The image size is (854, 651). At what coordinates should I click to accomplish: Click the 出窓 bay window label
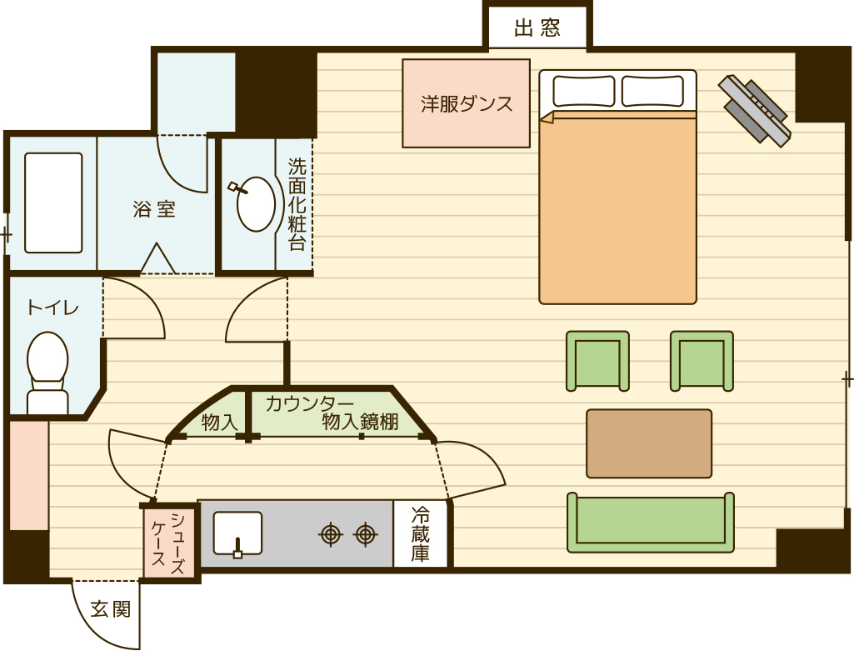click(x=537, y=28)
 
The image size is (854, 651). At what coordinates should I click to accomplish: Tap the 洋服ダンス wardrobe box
click(x=467, y=103)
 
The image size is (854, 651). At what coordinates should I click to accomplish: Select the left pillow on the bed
click(x=584, y=91)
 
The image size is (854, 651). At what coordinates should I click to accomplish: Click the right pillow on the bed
click(x=652, y=91)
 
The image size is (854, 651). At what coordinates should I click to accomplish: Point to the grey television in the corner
click(x=754, y=109)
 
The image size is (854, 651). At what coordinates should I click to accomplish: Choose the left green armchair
click(x=597, y=361)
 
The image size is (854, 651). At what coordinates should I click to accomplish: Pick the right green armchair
click(x=702, y=361)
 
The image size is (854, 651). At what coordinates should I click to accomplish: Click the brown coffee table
click(x=649, y=443)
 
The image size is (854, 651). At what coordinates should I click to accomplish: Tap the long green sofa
click(x=651, y=523)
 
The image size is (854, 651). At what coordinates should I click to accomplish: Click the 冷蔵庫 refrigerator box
click(x=420, y=533)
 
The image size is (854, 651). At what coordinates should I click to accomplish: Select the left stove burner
click(x=331, y=534)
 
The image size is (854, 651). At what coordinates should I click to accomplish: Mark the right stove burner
click(x=366, y=534)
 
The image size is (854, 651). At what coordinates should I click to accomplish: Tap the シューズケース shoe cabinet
click(x=169, y=539)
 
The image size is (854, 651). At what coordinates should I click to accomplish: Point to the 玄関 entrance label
click(x=111, y=608)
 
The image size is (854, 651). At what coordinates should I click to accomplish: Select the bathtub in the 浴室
click(x=53, y=203)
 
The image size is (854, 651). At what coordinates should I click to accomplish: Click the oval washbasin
click(x=256, y=204)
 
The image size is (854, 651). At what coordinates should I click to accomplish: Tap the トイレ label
click(x=52, y=308)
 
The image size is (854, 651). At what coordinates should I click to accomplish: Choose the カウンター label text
click(x=310, y=403)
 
